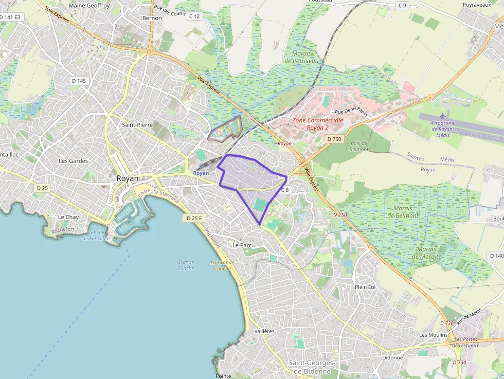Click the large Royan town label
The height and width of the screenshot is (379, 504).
pyautogui.click(x=128, y=178)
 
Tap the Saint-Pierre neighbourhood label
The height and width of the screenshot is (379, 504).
pyautogui.click(x=137, y=125)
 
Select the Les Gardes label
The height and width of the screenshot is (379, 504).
pyautogui.click(x=74, y=161)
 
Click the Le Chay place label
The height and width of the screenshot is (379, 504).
pyautogui.click(x=68, y=217)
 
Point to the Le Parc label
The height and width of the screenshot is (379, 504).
pyautogui.click(x=242, y=245)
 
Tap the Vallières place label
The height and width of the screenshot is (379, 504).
pyautogui.click(x=264, y=331)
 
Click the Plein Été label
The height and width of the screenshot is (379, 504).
pyautogui.click(x=365, y=287)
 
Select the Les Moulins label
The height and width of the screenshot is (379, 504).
pyautogui.click(x=434, y=335)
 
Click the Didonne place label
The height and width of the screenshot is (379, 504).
pyautogui.click(x=392, y=357)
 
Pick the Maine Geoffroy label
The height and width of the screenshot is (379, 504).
pyautogui.click(x=89, y=6)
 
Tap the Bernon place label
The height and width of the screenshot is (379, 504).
pyautogui.click(x=152, y=18)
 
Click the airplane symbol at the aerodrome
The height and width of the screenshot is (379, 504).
pyautogui.click(x=443, y=116)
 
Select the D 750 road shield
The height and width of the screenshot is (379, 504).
pyautogui.click(x=334, y=139)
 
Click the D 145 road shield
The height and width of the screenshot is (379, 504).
pyautogui.click(x=79, y=81)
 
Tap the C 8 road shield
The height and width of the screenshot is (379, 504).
pyautogui.click(x=285, y=190)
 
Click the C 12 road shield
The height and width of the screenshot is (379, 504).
pyautogui.click(x=194, y=16)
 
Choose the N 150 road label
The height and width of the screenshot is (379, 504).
pyautogui.click(x=340, y=214)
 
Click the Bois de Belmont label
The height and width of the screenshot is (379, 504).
pyautogui.click(x=359, y=146)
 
